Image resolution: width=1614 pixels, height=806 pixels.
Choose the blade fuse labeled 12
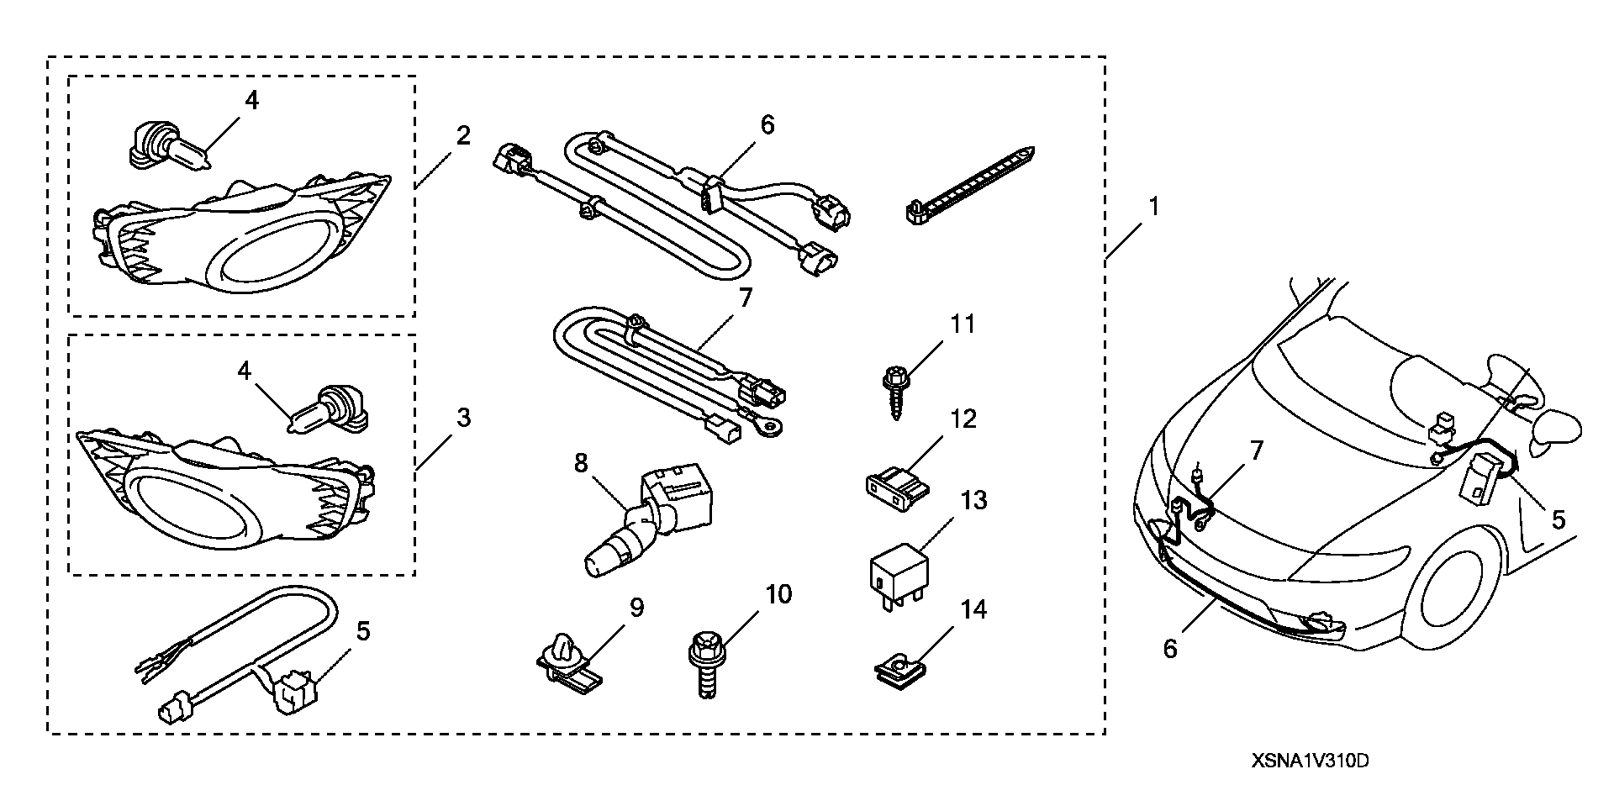pyautogui.click(x=896, y=488)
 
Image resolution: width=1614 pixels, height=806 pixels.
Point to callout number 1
pyautogui.click(x=1153, y=206)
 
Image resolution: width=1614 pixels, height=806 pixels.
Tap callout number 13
pyautogui.click(x=973, y=501)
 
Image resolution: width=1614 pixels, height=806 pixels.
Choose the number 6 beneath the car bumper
pyautogui.click(x=1171, y=647)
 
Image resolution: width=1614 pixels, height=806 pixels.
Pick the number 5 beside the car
pyautogui.click(x=1558, y=520)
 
